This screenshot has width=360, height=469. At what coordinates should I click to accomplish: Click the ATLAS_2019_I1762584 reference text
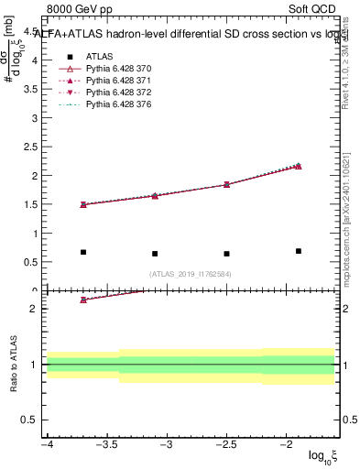(x=190, y=273)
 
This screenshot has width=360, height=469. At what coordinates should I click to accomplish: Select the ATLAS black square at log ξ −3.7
(x=83, y=252)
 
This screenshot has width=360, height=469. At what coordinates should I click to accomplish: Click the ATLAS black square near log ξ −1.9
(x=299, y=251)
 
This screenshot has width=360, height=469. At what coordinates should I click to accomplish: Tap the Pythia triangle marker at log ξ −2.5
(x=226, y=184)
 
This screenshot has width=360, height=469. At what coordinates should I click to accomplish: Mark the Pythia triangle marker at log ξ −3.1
(x=155, y=196)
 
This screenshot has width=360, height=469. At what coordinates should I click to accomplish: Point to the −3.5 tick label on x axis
(x=106, y=445)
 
